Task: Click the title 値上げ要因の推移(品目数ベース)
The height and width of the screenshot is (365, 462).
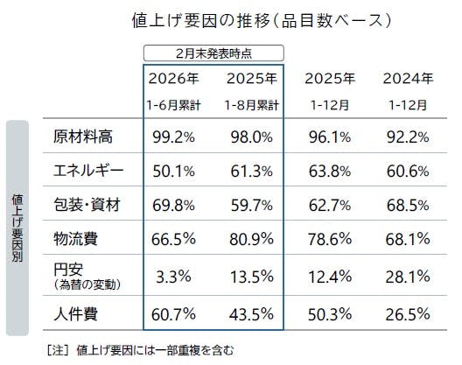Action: click(231, 18)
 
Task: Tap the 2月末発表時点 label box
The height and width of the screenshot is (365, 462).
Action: click(213, 52)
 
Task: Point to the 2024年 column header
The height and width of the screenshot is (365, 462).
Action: click(408, 79)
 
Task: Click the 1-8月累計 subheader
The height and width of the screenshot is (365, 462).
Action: click(251, 106)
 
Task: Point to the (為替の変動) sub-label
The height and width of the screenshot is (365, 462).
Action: click(89, 284)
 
